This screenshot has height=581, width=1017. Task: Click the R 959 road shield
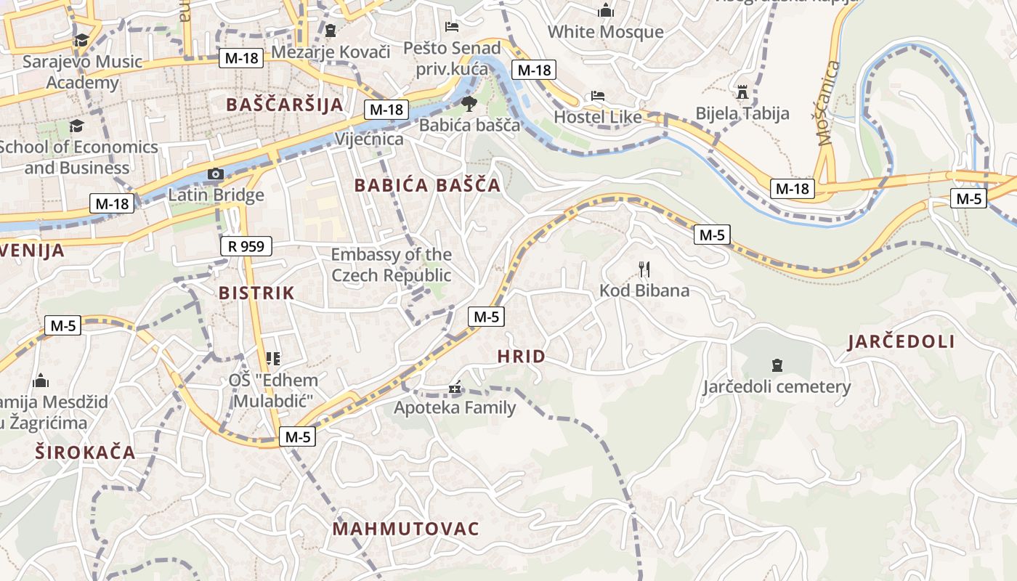tap(246, 246)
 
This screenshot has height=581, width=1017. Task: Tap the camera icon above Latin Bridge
tap(216, 174)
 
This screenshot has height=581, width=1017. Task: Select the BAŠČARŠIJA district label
tap(285, 104)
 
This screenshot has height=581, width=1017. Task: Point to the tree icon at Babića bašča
tap(469, 103)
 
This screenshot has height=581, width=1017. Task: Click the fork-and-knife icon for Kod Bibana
tap(644, 270)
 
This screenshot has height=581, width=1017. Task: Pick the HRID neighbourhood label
tap(521, 356)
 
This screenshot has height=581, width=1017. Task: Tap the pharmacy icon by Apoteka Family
tap(455, 389)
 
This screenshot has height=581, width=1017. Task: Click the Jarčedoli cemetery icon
tap(777, 365)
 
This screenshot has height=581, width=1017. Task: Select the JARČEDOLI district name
tap(901, 341)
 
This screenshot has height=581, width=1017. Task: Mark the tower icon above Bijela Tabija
tap(742, 92)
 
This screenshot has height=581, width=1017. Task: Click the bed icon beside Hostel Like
tap(597, 96)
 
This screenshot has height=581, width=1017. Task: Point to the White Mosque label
tap(605, 32)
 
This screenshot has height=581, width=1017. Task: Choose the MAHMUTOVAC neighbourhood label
tap(406, 528)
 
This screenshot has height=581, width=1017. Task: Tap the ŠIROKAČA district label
tap(86, 452)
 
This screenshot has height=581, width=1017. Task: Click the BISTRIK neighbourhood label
tap(256, 293)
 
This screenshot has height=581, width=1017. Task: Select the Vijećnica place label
tap(369, 139)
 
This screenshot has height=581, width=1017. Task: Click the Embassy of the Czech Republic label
tap(391, 265)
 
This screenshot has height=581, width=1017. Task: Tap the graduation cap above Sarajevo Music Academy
tap(81, 40)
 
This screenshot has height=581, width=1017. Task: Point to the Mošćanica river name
tap(828, 103)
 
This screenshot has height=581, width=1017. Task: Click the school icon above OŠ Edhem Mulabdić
tap(273, 358)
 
